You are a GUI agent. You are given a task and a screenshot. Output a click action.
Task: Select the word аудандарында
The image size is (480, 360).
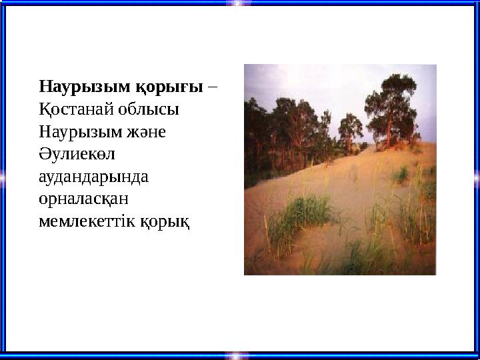(x=93, y=177)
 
